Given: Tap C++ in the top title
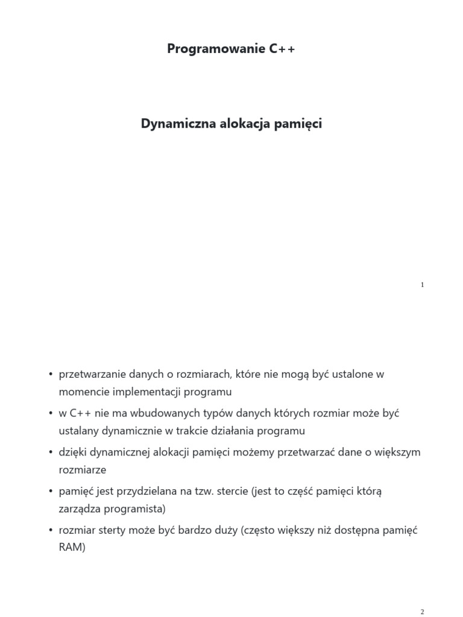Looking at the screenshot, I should (x=282, y=49).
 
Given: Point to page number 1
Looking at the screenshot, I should (x=423, y=285).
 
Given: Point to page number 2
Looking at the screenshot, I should (x=423, y=612).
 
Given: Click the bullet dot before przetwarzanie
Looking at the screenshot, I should (x=51, y=375).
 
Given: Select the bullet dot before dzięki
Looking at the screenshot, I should (x=51, y=453).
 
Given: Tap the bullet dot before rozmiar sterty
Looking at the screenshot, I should (x=51, y=531).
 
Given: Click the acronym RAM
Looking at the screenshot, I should (x=71, y=548).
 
